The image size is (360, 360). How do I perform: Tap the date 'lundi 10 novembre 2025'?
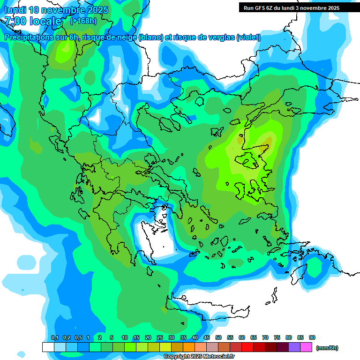(56, 10)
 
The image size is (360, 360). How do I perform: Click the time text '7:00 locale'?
(33, 21)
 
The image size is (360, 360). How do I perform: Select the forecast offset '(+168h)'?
(83, 21)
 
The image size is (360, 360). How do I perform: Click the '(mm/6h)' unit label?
(327, 348)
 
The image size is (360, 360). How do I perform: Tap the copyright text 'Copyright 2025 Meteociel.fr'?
(199, 357)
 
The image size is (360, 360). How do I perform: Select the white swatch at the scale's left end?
(48, 347)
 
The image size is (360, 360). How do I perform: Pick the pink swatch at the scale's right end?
(306, 347)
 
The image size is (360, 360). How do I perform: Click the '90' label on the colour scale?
(312, 337)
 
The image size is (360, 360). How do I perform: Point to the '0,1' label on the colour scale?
(55, 337)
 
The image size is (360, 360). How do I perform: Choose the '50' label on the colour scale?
(218, 337)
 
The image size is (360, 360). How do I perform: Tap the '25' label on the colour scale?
(160, 337)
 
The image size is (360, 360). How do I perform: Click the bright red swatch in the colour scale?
(247, 347)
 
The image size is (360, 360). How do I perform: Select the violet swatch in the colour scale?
(294, 347)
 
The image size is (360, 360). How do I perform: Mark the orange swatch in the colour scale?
(189, 347)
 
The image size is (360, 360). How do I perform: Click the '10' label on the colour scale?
(125, 337)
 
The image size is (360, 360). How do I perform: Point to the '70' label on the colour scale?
(265, 337)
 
